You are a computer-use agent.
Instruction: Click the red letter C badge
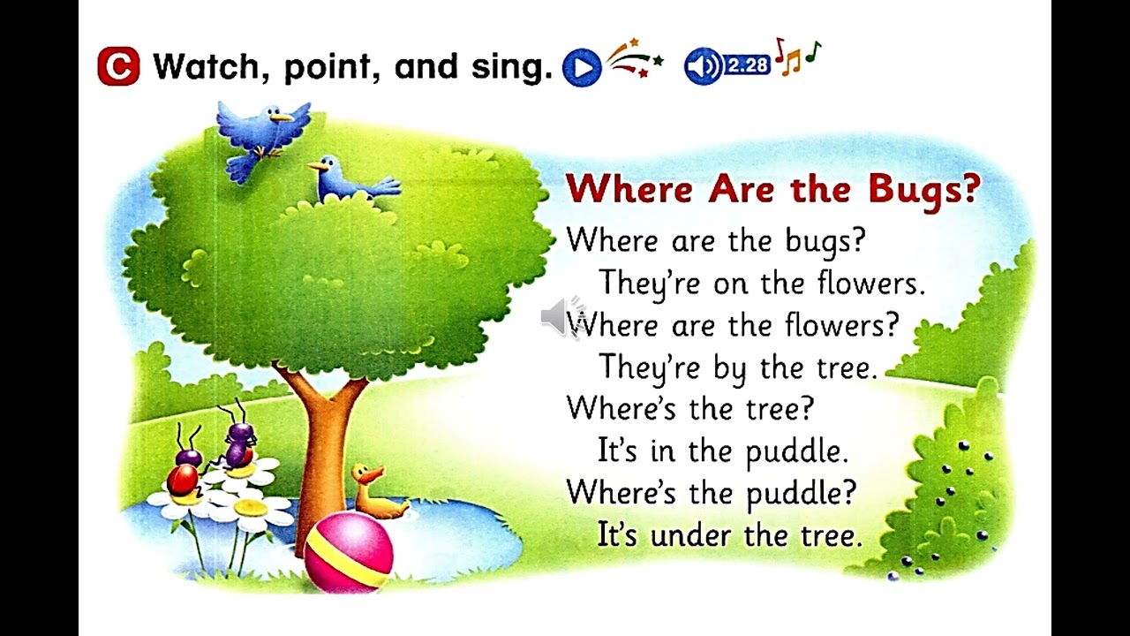click(118, 67)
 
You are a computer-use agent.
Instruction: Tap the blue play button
click(581, 67)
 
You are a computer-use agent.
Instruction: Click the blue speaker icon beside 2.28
click(702, 65)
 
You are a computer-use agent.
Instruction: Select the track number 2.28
click(748, 65)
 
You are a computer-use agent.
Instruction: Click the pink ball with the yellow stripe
click(348, 551)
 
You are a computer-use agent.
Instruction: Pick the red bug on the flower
click(183, 480)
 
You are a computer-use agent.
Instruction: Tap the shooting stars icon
click(634, 60)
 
